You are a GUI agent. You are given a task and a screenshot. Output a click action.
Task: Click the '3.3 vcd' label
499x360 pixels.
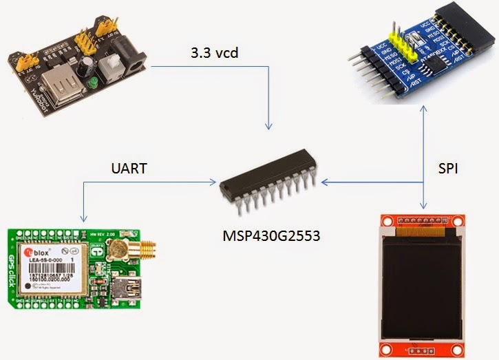[214, 53]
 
